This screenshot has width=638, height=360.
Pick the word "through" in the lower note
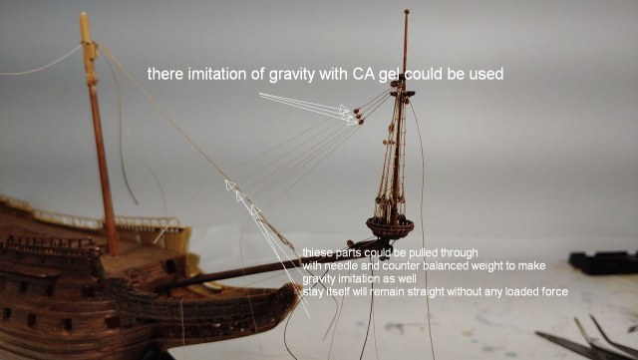tap(457, 252)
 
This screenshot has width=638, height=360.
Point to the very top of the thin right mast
tap(407, 14)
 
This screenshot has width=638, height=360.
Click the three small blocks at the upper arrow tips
tap(353, 119)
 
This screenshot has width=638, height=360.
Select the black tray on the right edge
tap(603, 262)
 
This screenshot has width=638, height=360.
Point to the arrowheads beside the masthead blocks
tap(339, 113)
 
